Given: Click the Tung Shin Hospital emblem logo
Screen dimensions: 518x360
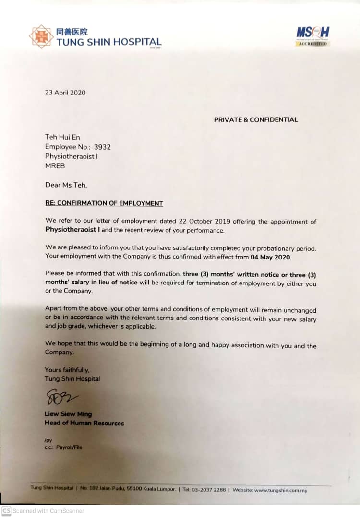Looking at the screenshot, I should click(41, 37).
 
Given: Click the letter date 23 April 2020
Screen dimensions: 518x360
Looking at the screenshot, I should click(65, 93).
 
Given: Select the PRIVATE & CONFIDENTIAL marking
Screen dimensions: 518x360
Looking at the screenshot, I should click(255, 119).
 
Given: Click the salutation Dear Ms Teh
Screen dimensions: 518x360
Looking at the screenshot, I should click(66, 186).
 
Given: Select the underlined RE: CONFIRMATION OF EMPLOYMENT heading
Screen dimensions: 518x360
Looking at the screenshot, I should click(104, 203).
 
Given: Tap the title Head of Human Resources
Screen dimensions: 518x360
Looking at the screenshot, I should click(84, 423).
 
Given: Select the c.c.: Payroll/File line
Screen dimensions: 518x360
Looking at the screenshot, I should click(63, 447).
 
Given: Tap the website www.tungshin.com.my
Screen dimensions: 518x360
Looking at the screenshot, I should click(280, 490).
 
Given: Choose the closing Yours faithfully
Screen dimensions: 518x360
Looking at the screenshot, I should click(67, 370).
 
